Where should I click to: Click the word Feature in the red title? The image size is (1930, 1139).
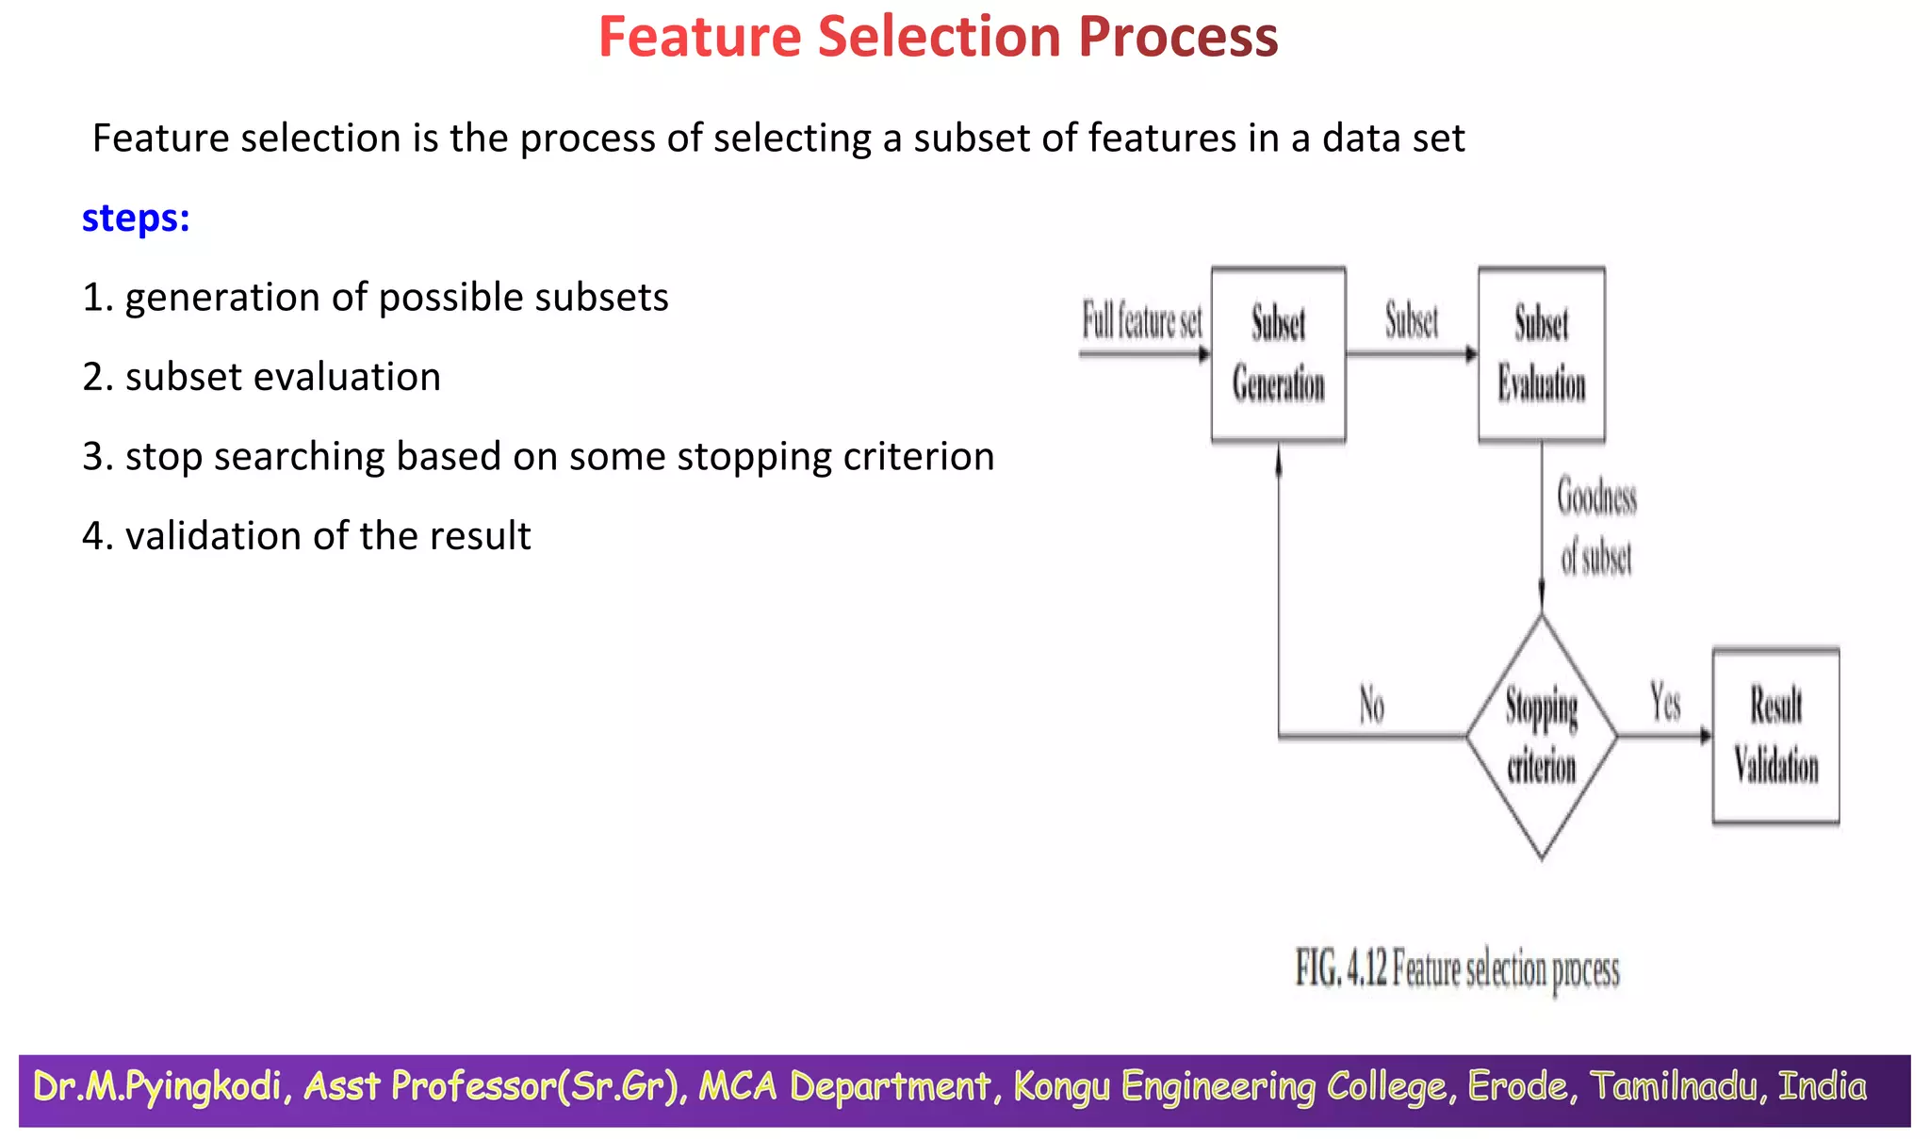pos(699,38)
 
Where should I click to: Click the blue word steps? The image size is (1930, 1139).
pos(136,219)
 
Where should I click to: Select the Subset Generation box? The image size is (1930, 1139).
pos(1278,354)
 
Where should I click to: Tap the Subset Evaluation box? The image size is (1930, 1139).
pos(1541,354)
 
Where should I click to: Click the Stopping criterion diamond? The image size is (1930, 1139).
pos(1541,736)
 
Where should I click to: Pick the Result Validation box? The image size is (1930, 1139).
pos(1775,736)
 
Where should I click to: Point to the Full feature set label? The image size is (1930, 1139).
pos(1141,321)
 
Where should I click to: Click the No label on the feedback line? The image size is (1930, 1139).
pos(1371,705)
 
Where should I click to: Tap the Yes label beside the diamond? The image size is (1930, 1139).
pos(1665,703)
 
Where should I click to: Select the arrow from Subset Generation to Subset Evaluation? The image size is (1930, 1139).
pos(1411,354)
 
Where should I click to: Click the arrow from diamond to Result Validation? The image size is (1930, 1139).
pos(1664,736)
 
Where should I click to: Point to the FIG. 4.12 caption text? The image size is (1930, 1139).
pos(1457,969)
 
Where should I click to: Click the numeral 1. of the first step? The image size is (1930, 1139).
pos(97,298)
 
